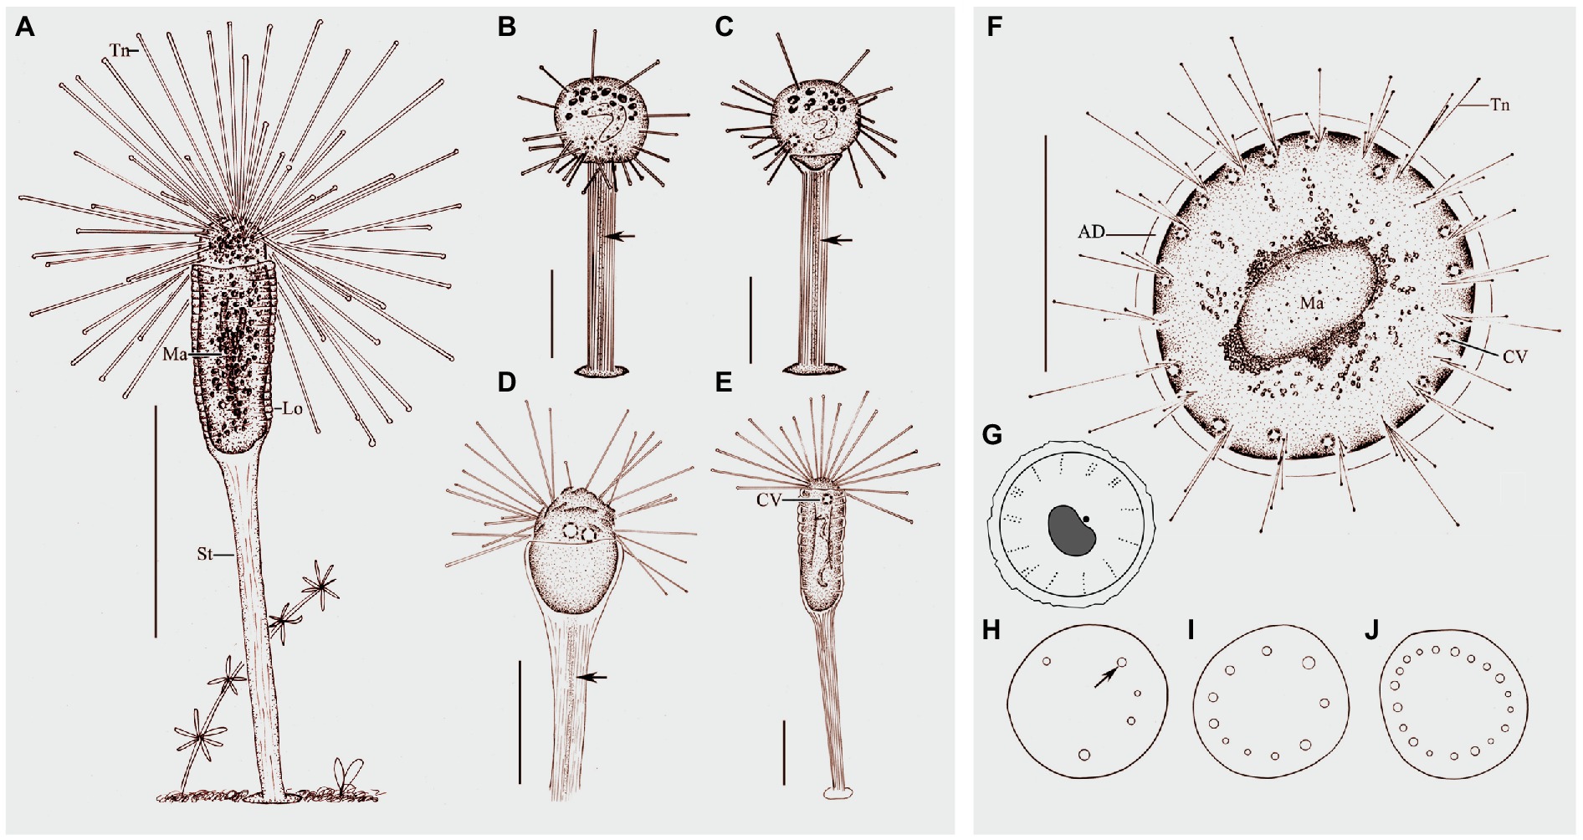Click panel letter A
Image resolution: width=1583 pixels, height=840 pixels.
pyautogui.click(x=25, y=28)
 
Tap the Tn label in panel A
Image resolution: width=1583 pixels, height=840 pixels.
pyautogui.click(x=119, y=50)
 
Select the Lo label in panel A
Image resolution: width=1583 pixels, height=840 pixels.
pyautogui.click(x=292, y=409)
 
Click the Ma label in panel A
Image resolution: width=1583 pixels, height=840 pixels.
pyautogui.click(x=174, y=354)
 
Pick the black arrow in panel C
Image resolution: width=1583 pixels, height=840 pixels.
pyautogui.click(x=838, y=239)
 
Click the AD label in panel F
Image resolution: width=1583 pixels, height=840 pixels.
pyautogui.click(x=1091, y=233)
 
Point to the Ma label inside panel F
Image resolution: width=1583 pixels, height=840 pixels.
pyautogui.click(x=1310, y=304)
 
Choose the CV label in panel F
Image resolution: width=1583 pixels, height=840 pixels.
pyautogui.click(x=1514, y=356)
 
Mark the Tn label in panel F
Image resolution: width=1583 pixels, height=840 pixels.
pyautogui.click(x=1498, y=105)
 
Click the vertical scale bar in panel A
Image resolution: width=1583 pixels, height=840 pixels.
pyautogui.click(x=156, y=521)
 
